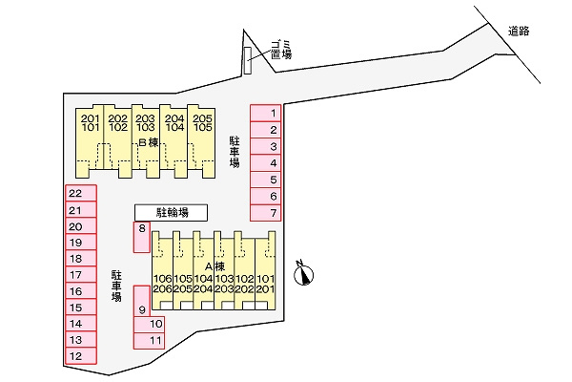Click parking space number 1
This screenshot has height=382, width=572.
[266, 113]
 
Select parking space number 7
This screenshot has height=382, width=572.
[266, 213]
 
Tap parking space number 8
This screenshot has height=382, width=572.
[141, 237]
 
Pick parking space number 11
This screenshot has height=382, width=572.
[149, 341]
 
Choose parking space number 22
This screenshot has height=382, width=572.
[81, 193]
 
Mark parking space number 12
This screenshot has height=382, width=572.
[81, 356]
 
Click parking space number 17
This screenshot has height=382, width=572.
[81, 274]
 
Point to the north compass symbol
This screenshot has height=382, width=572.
[304, 274]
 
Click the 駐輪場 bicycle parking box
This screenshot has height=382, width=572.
[171, 212]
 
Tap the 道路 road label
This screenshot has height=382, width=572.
[519, 32]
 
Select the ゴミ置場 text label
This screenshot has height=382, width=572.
[281, 50]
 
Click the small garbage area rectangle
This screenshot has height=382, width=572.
[248, 60]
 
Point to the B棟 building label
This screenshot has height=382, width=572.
[149, 142]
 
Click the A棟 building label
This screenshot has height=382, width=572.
[214, 266]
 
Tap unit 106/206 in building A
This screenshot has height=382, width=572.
[162, 270]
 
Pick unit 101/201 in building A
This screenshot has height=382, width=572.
[265, 270]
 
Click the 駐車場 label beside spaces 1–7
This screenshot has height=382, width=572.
[235, 152]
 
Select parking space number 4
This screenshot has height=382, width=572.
[266, 163]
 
